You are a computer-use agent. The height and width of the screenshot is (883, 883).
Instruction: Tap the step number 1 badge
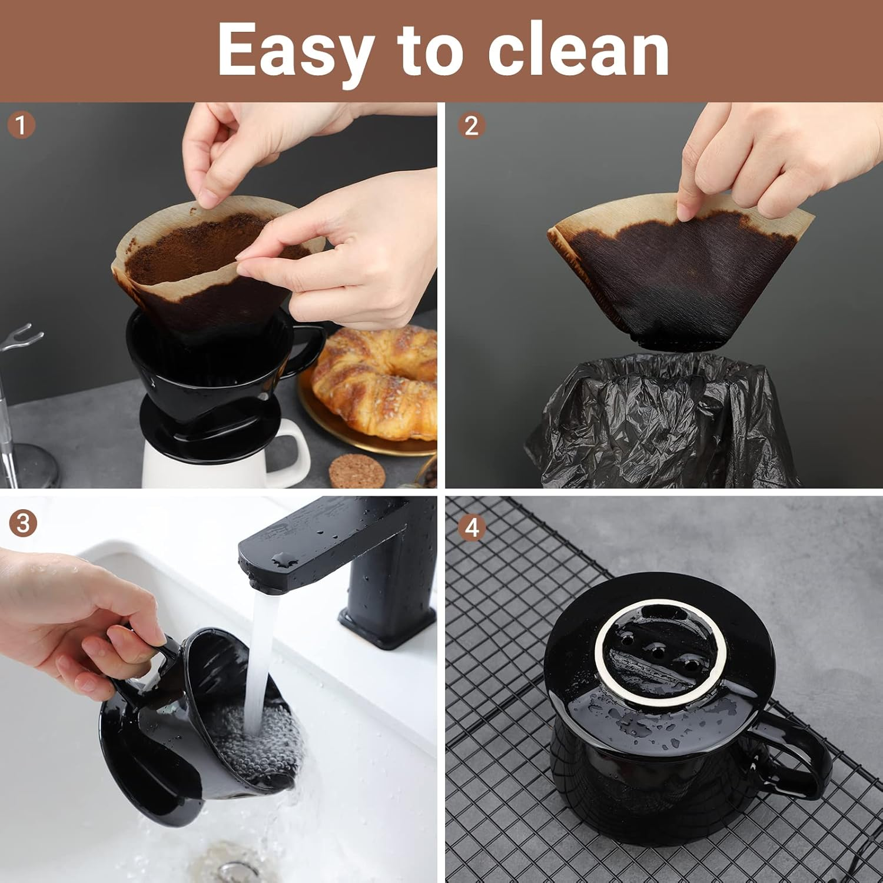point(22,125)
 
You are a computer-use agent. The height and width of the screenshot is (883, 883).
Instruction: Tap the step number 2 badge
point(472,126)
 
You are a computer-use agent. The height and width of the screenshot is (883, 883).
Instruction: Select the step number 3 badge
point(23,523)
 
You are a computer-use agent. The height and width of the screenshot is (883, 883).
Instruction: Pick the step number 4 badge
point(472,528)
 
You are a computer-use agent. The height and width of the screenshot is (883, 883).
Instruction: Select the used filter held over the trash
point(677,277)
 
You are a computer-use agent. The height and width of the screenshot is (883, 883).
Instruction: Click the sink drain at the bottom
point(233,868)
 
